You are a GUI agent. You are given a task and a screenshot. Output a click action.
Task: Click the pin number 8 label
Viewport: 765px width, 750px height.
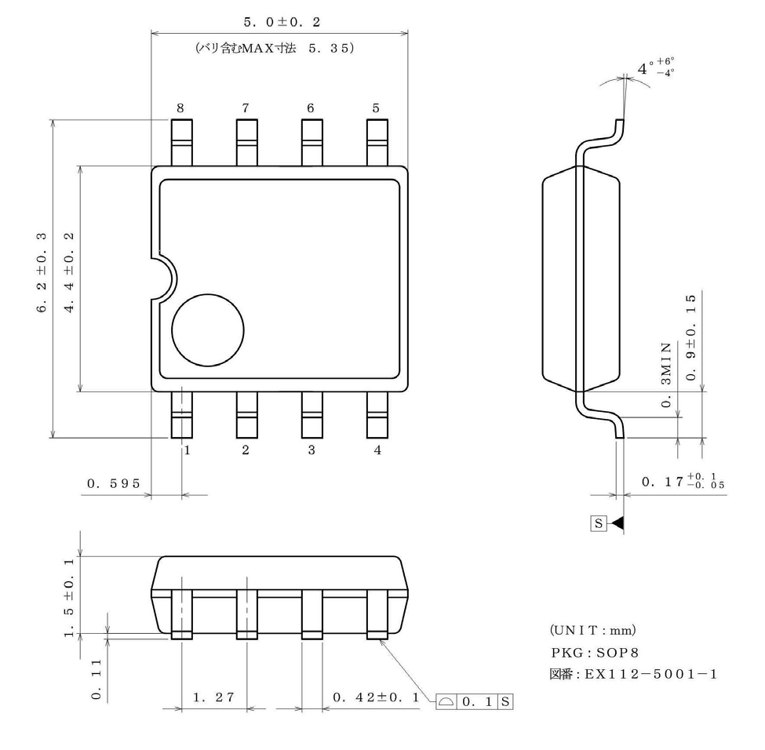pos(180,108)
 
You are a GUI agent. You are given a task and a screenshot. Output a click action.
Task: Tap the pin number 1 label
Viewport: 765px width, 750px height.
pos(187,450)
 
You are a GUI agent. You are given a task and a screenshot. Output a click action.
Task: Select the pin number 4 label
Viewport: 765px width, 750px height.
pos(377,450)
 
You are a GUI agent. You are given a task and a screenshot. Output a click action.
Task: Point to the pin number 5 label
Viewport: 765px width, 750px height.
pos(376,108)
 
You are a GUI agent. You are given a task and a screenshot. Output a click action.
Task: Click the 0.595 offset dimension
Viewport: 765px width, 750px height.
pos(114,483)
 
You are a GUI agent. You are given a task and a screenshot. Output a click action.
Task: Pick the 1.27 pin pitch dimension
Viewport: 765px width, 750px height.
pos(213,697)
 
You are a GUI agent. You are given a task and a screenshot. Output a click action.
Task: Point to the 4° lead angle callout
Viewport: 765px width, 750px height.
pos(655,69)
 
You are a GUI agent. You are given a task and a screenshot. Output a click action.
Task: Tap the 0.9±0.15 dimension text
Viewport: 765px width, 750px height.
pos(690,337)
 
